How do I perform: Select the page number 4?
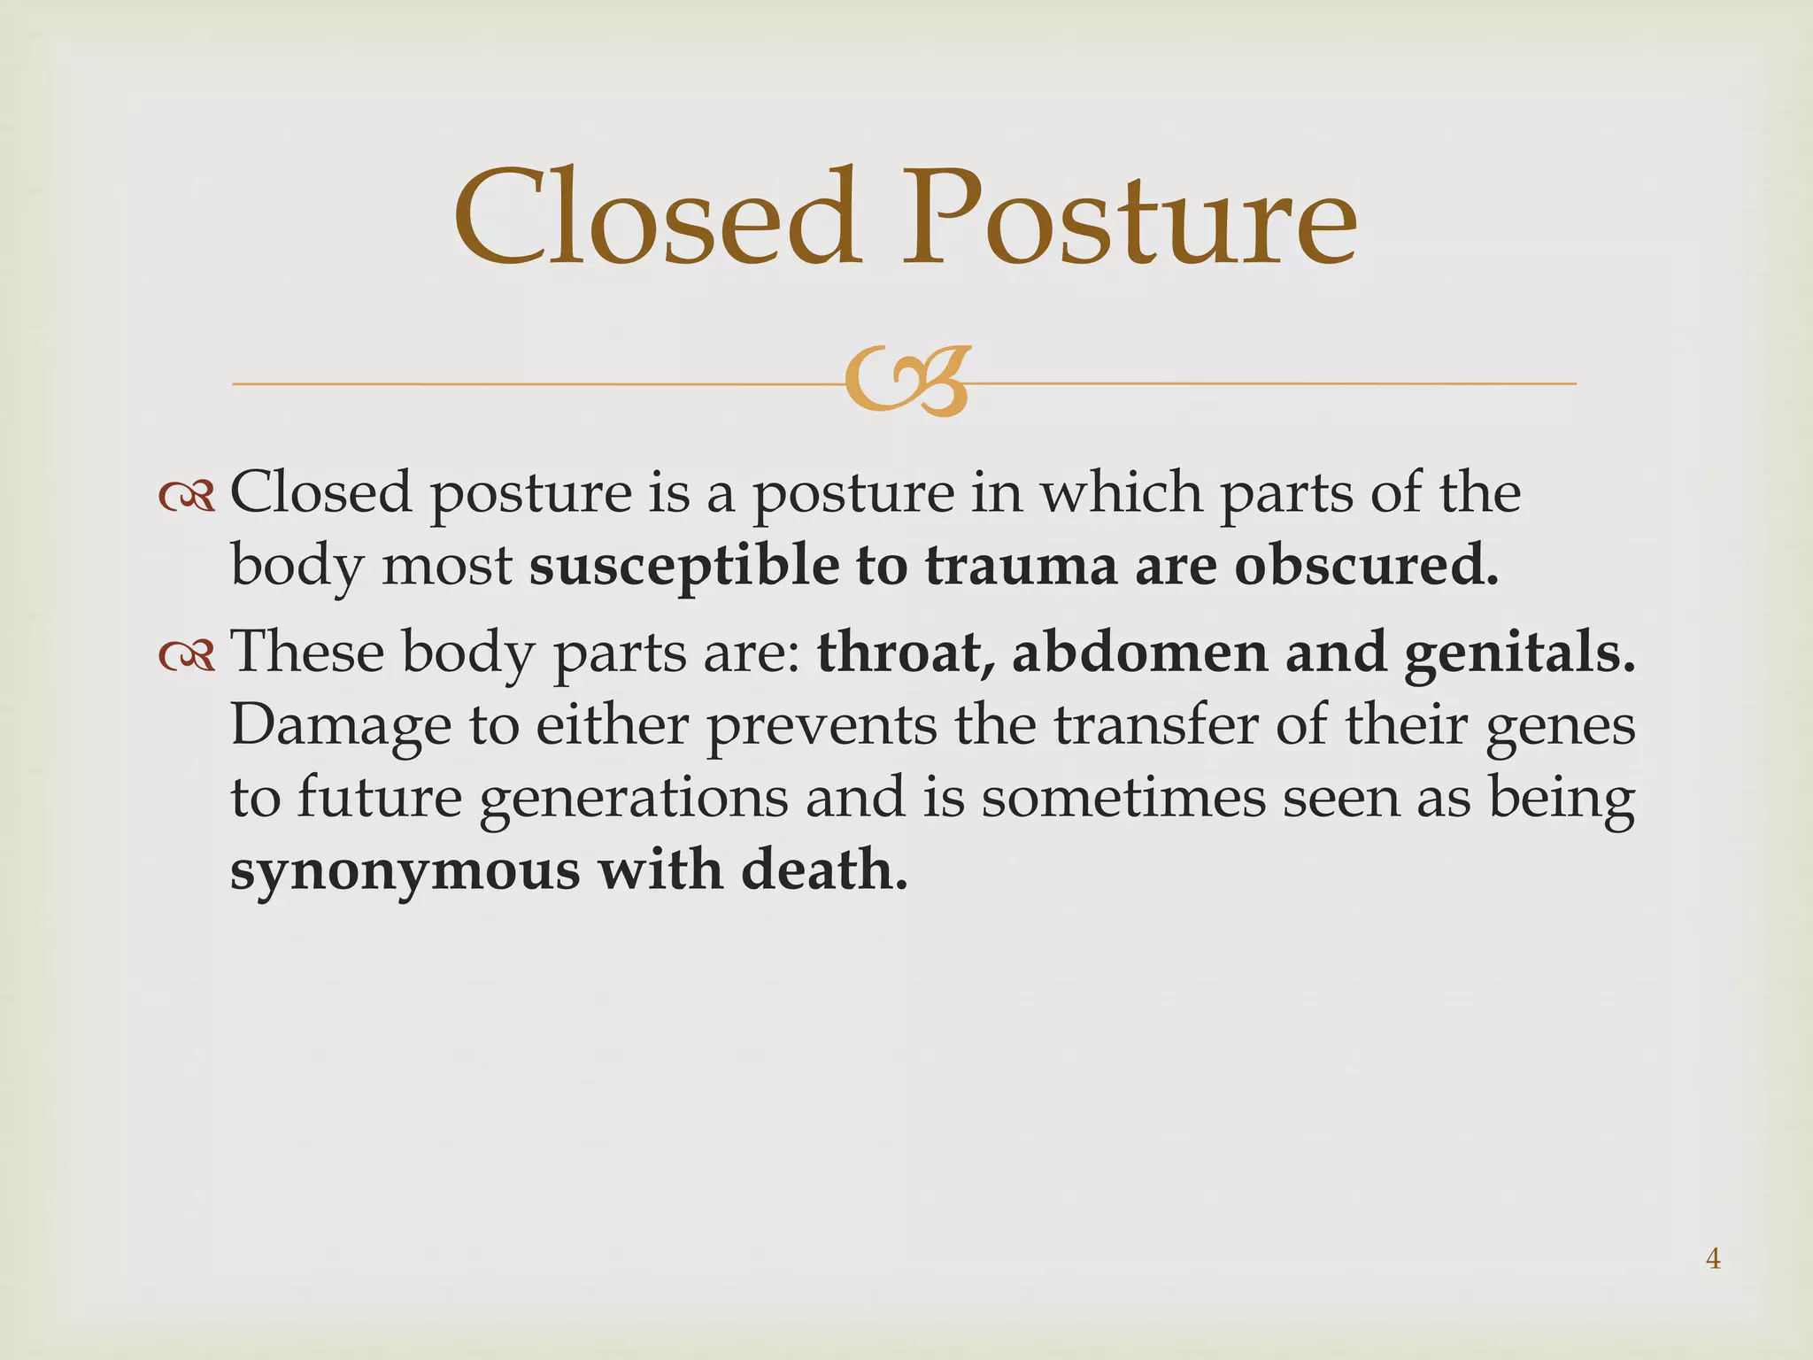click(x=1713, y=1258)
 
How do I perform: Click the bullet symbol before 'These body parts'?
click(x=187, y=655)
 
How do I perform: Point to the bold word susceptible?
click(x=683, y=567)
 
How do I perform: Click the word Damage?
click(x=341, y=726)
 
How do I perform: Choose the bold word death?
click(x=824, y=869)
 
